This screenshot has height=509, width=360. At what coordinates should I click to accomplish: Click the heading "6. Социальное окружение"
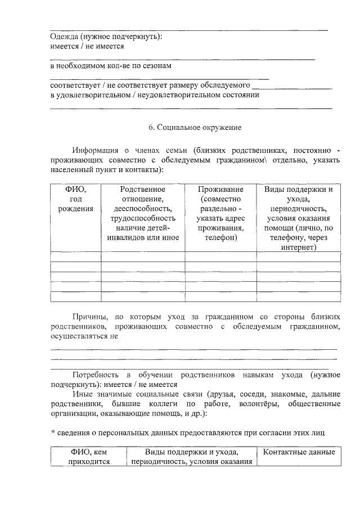(x=195, y=127)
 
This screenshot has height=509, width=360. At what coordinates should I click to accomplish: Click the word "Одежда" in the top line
(x=64, y=36)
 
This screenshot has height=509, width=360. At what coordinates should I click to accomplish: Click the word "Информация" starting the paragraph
(x=94, y=150)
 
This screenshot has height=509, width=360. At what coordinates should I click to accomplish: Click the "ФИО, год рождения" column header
(x=76, y=199)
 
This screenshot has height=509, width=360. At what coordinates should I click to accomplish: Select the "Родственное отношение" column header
(x=143, y=194)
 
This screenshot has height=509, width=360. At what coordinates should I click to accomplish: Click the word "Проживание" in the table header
(x=221, y=190)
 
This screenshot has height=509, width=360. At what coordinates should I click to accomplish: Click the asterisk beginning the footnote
(x=52, y=431)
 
